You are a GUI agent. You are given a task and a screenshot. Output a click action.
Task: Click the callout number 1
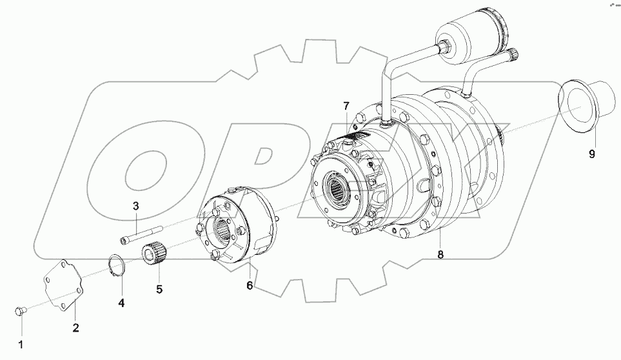pos(20,344)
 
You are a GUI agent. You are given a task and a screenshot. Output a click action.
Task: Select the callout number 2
pos(75,328)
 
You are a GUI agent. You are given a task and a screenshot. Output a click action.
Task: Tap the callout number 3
pos(136,206)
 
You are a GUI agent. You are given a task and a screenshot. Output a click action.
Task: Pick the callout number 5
pos(159,289)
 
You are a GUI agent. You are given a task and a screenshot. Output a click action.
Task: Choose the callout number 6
pos(250,285)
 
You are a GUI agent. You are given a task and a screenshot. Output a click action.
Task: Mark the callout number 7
pos(346,106)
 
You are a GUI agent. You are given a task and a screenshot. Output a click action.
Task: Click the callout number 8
pos(440,254)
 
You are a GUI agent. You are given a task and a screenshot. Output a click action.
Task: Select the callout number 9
pos(592,154)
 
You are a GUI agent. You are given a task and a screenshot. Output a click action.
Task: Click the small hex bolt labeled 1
pos(20,312)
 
